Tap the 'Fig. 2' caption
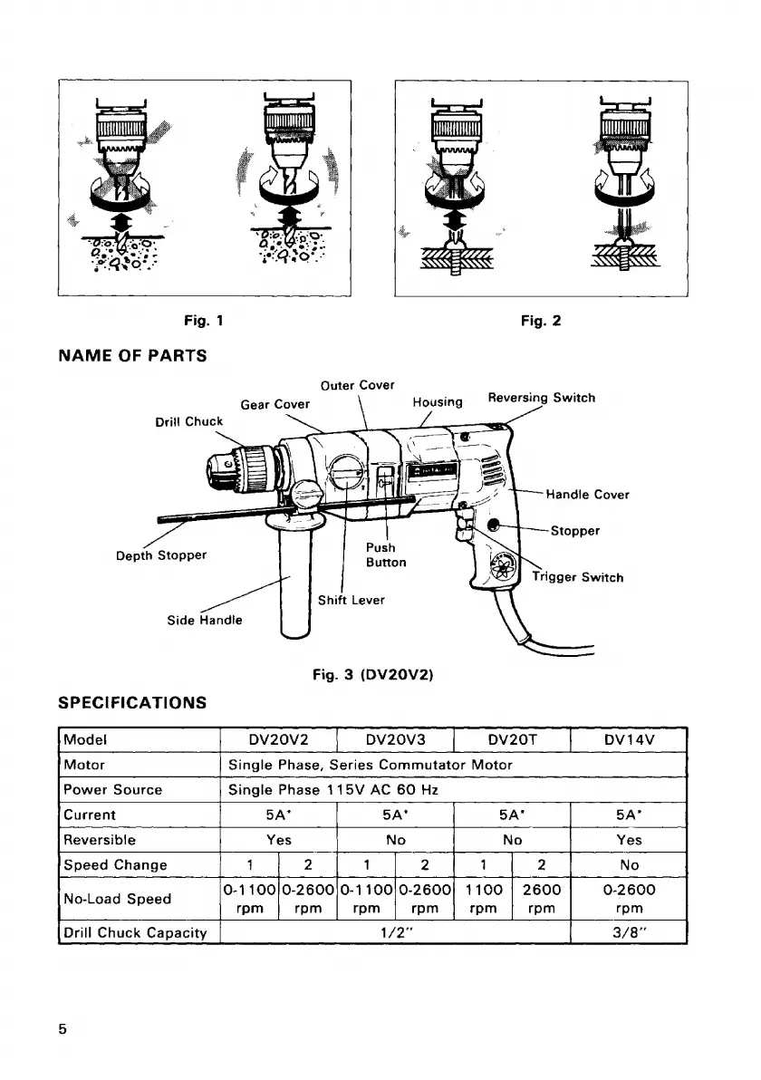click(x=541, y=320)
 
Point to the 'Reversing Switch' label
click(x=541, y=398)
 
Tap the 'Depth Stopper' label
click(x=161, y=554)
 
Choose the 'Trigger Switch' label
click(x=577, y=576)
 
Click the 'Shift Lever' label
click(x=352, y=600)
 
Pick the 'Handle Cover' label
click(x=586, y=495)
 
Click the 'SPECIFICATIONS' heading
click(x=132, y=702)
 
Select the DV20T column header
click(x=512, y=739)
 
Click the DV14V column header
click(x=629, y=739)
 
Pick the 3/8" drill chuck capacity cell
click(x=629, y=931)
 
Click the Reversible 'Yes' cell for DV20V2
click(x=278, y=840)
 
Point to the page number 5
click(x=63, y=1029)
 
